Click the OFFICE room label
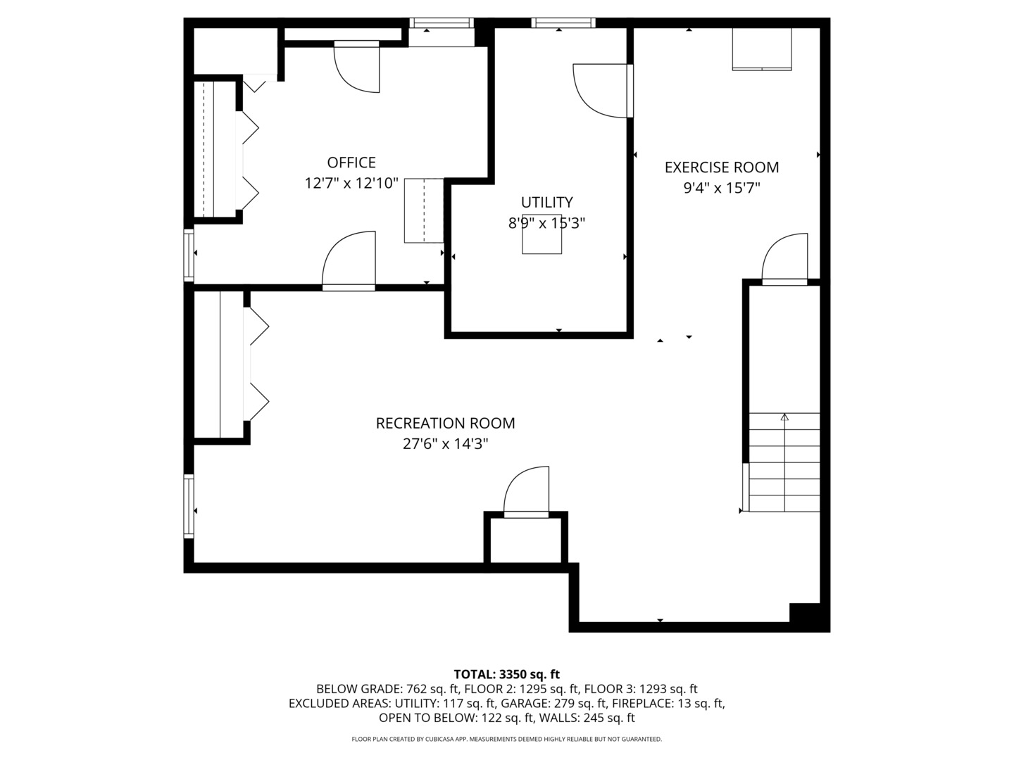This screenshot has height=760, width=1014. click(351, 163)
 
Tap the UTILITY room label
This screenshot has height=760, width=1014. click(546, 202)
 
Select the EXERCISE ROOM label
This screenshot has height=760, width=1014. click(722, 167)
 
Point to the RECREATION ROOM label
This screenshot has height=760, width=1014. click(445, 423)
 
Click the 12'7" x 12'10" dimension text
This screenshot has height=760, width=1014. click(351, 183)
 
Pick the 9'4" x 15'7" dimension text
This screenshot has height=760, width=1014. click(722, 188)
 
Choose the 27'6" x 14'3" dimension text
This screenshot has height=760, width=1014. click(445, 444)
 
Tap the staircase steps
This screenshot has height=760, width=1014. click(784, 462)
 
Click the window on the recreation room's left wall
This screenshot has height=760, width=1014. click(189, 506)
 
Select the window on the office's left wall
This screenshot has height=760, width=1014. click(189, 255)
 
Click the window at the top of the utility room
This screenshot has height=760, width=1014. click(563, 23)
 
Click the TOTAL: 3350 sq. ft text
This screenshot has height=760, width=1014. click(507, 674)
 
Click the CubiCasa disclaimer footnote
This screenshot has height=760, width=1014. click(507, 739)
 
